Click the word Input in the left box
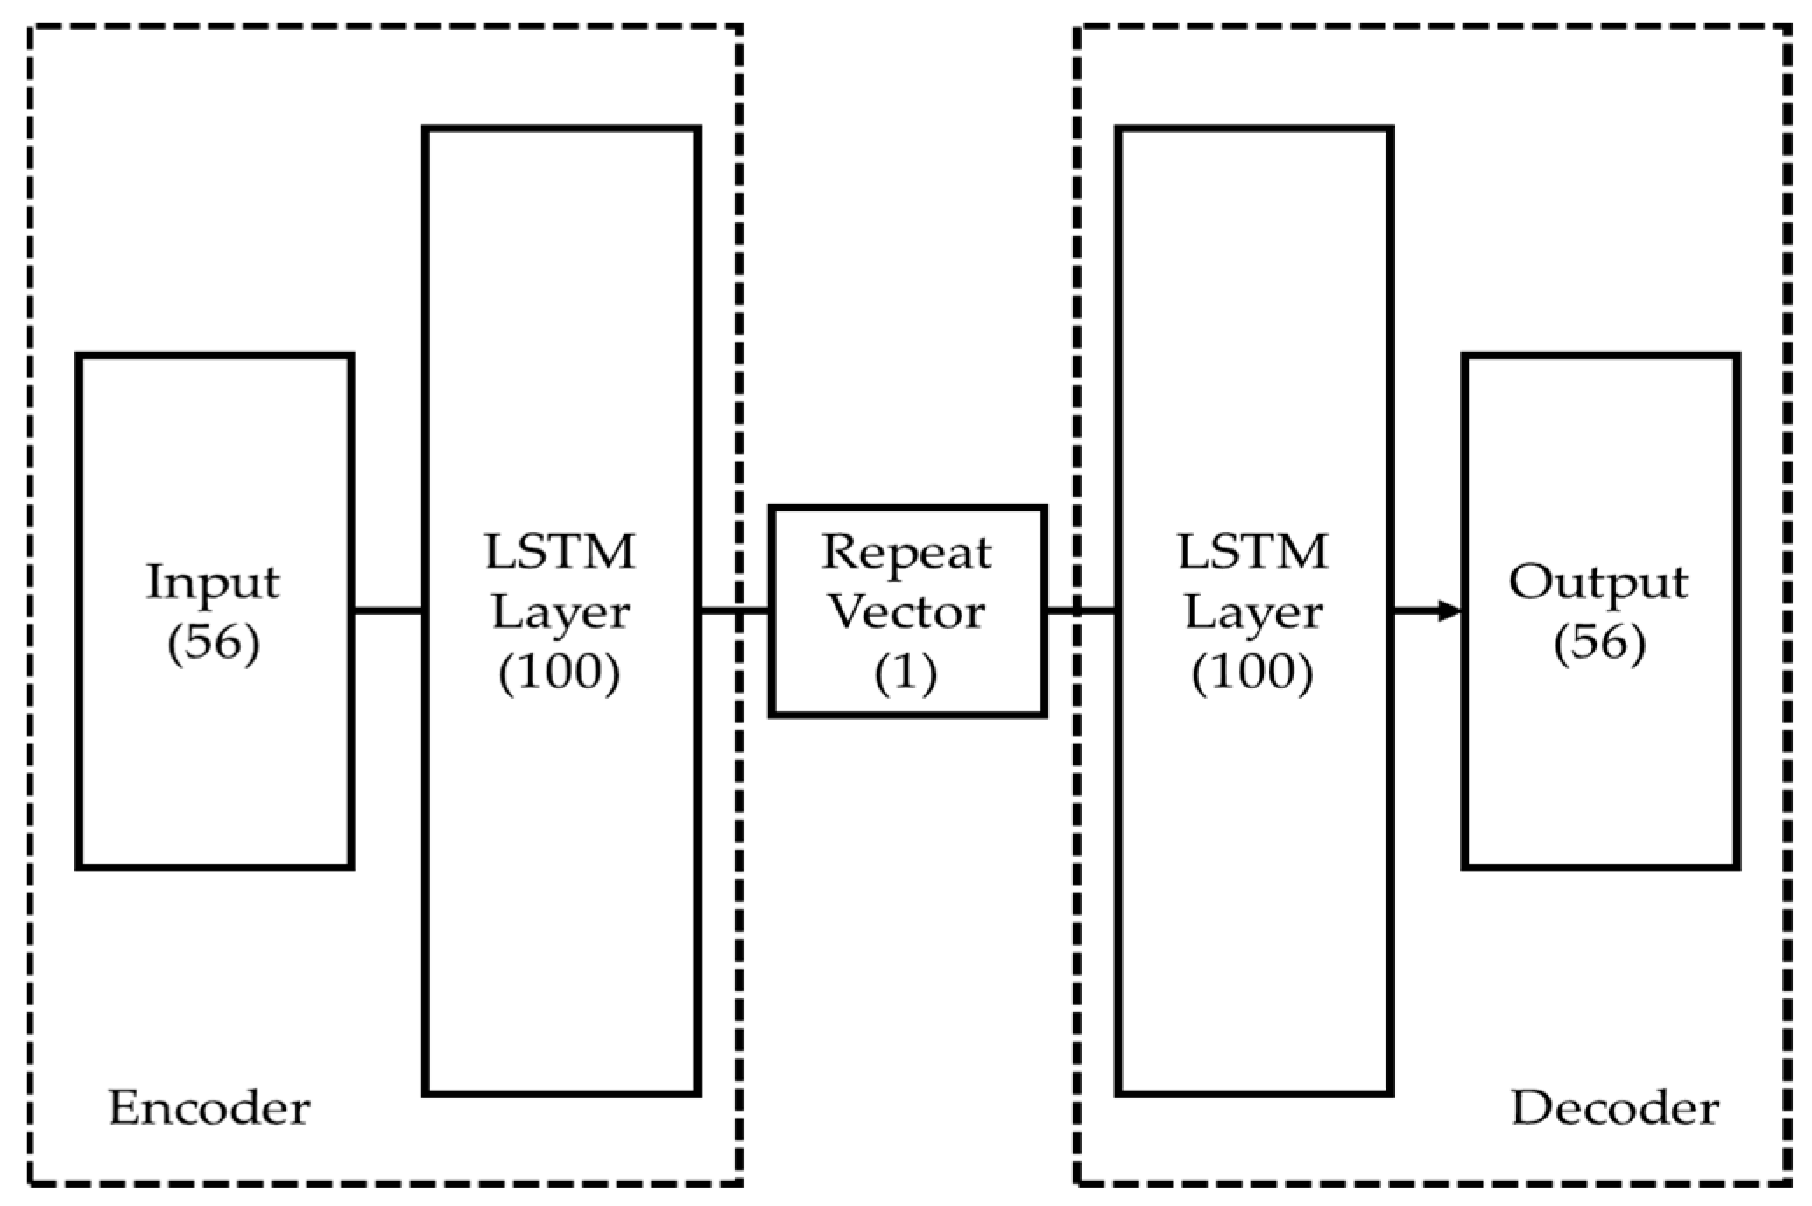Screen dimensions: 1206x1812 [x=213, y=583]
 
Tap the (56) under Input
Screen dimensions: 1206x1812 [x=213, y=645]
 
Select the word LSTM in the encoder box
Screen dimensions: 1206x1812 [x=561, y=553]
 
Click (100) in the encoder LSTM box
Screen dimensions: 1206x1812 [x=561, y=673]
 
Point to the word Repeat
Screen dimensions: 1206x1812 [x=906, y=554]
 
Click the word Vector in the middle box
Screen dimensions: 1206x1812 [x=906, y=612]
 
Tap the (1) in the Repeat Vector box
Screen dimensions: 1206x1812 [x=906, y=673]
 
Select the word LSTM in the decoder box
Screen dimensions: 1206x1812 [x=1253, y=553]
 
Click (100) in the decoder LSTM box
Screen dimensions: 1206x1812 [x=1253, y=673]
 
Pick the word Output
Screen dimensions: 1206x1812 [x=1598, y=583]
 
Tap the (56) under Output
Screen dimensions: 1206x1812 [x=1599, y=645]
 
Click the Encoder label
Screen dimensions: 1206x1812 [x=209, y=1108]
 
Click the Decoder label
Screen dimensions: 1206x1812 [x=1615, y=1108]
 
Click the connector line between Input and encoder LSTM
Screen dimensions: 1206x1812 [x=389, y=611]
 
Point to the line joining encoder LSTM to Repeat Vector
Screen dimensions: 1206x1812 [x=734, y=611]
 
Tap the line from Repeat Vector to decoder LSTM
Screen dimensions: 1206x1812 [x=1081, y=611]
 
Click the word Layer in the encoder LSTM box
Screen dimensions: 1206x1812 [x=561, y=614]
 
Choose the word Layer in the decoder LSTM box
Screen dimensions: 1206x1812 [x=1253, y=614]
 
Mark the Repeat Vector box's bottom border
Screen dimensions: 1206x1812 [x=907, y=715]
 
